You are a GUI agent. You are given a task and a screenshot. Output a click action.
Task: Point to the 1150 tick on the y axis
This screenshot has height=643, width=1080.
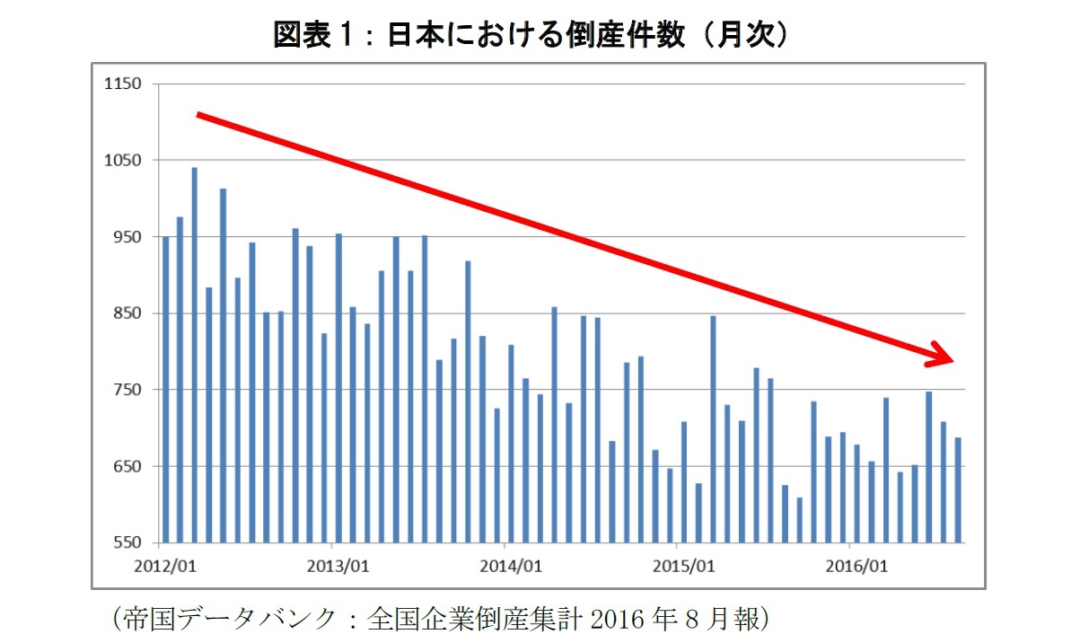point(123,84)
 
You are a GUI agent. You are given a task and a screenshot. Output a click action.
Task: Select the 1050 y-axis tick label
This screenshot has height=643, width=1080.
point(123,161)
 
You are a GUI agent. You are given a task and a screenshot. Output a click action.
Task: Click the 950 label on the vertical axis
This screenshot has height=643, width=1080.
point(127,237)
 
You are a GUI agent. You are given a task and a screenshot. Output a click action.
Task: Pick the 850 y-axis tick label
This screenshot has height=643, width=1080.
point(127,313)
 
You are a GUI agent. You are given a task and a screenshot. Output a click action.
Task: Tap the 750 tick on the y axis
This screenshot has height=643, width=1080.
point(127,390)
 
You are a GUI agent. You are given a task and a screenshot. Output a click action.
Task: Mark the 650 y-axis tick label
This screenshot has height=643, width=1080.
point(127,467)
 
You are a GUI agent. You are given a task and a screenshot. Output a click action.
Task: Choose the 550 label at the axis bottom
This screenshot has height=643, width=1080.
point(127,543)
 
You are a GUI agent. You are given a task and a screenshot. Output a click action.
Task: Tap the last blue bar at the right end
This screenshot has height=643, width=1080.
point(958,490)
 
